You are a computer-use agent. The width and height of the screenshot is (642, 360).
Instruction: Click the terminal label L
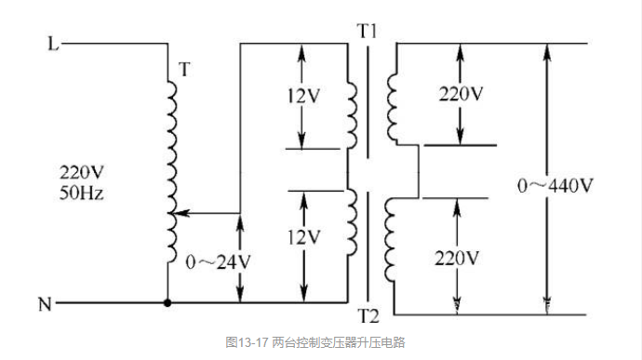53,44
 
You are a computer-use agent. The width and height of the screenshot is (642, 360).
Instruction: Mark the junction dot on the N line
167,303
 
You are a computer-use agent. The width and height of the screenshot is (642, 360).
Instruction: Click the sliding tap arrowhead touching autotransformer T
180,214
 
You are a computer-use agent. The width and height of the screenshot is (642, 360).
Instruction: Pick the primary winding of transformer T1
353,112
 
